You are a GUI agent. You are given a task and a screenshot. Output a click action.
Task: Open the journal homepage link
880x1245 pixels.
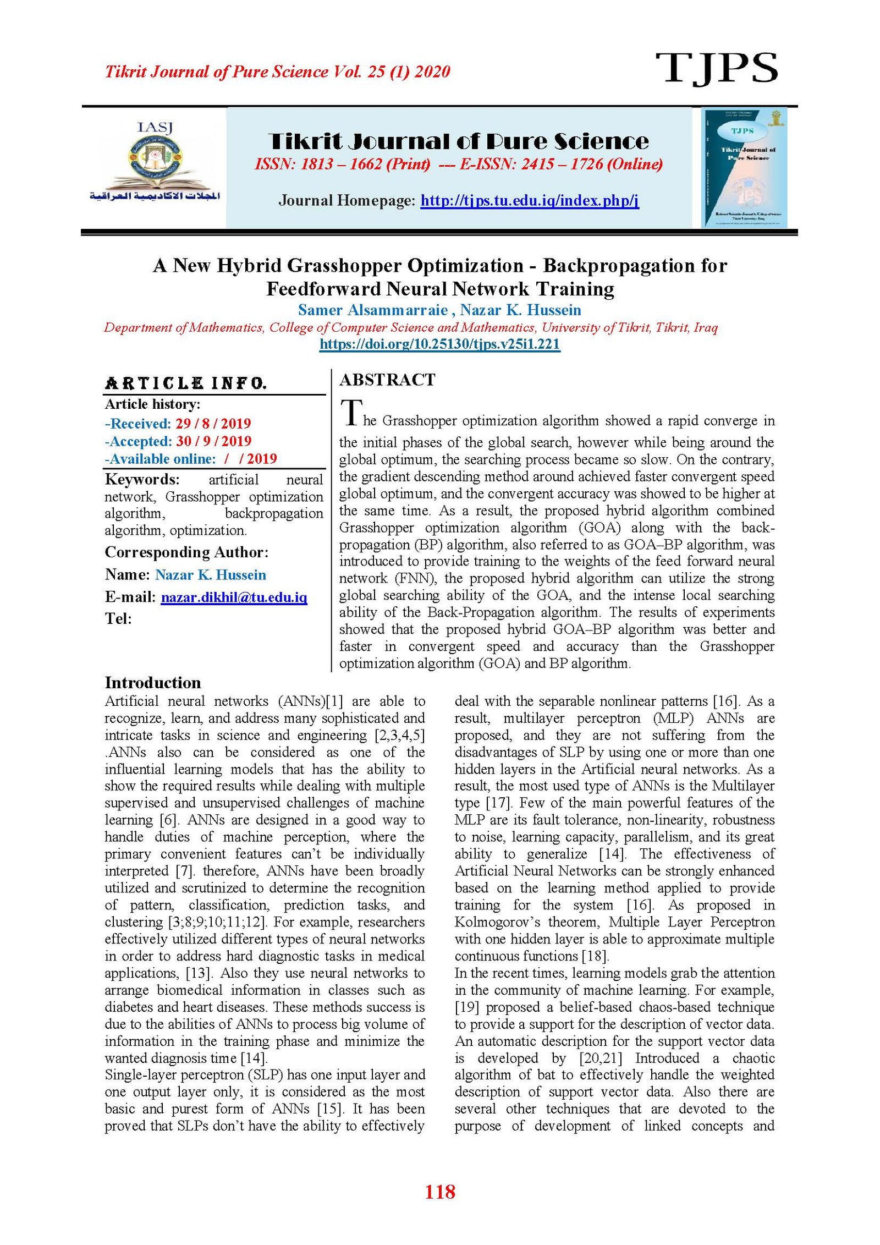coord(529,201)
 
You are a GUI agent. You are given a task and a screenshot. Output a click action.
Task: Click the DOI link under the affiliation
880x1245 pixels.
coord(439,344)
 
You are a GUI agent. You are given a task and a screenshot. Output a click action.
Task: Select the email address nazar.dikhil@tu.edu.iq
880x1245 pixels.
coord(234,597)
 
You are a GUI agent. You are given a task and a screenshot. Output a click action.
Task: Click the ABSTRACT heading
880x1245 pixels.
coord(387,380)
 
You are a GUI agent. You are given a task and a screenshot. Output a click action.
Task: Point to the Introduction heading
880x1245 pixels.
coord(153,683)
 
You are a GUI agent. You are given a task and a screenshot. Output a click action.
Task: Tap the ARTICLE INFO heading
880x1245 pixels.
coord(185,383)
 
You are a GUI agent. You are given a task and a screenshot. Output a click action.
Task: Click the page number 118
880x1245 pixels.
coord(440,1192)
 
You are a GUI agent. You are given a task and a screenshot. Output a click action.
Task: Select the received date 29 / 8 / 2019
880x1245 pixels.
coord(213,424)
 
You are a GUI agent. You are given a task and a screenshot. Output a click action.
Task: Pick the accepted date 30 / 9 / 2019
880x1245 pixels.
coord(213,441)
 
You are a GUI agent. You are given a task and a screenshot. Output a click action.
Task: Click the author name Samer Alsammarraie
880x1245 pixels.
coord(372,310)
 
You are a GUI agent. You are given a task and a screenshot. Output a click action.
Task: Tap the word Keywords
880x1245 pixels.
coord(142,479)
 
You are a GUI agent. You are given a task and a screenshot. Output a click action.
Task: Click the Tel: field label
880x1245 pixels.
coord(118,619)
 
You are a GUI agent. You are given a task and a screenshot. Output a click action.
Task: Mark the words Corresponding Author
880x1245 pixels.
coord(186,552)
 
